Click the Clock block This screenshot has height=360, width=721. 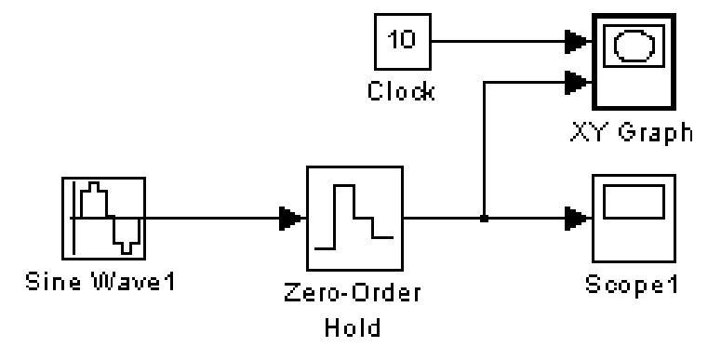click(x=403, y=42)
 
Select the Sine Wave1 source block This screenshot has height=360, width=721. click(x=104, y=219)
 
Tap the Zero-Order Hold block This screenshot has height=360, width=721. click(x=355, y=219)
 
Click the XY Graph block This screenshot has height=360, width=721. click(x=634, y=61)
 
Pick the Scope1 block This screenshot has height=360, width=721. click(x=634, y=219)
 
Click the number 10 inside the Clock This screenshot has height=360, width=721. click(x=402, y=40)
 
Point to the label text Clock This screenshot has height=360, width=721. click(x=401, y=92)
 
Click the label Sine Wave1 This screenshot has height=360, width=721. click(x=100, y=281)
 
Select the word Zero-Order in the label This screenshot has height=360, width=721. click(x=353, y=293)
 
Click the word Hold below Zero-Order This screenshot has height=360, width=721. click(x=353, y=327)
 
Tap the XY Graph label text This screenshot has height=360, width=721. click(x=632, y=133)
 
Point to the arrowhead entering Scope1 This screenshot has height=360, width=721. click(x=577, y=219)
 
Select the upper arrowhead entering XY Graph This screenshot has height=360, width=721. click(x=577, y=42)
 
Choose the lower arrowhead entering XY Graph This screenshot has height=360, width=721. click(x=577, y=83)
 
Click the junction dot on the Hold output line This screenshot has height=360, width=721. click(x=484, y=219)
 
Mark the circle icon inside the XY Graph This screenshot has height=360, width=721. click(x=634, y=45)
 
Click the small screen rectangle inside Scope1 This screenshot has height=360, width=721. click(x=634, y=202)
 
